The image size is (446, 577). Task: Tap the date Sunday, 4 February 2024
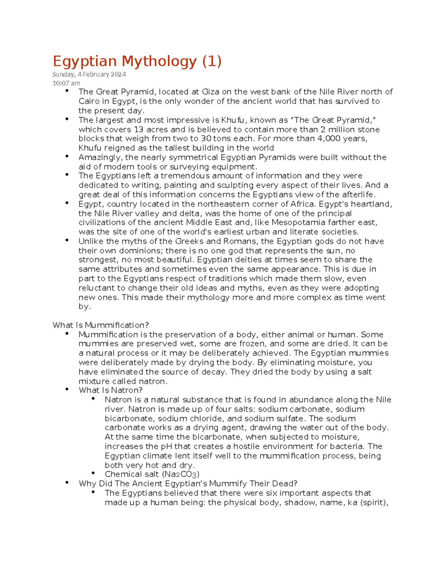[x=89, y=74]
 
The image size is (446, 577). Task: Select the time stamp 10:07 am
[x=66, y=83]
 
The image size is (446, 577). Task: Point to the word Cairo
[x=89, y=101]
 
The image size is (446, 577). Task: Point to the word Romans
[x=240, y=241]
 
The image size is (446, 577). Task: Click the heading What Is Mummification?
[x=101, y=325]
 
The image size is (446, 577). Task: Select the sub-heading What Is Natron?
[x=111, y=390]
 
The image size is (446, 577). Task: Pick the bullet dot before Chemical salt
[x=93, y=473]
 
